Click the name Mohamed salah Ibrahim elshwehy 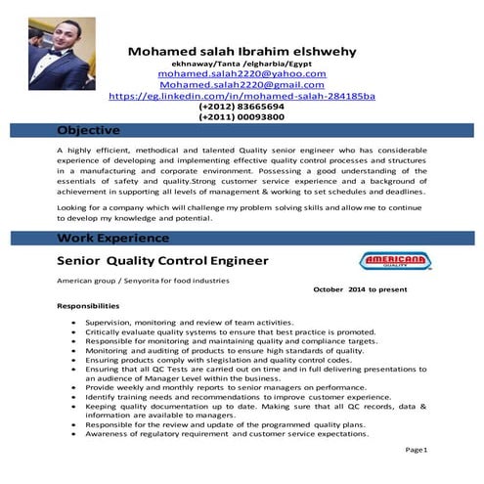tap(242, 51)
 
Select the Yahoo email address tap(242, 73)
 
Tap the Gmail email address tap(242, 85)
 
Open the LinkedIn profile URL tap(242, 96)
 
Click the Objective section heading tap(89, 130)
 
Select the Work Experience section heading tap(111, 238)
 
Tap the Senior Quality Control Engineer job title tap(161, 261)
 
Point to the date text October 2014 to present tap(373, 290)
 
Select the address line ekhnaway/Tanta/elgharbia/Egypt tap(242, 63)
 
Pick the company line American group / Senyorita tap(143, 281)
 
